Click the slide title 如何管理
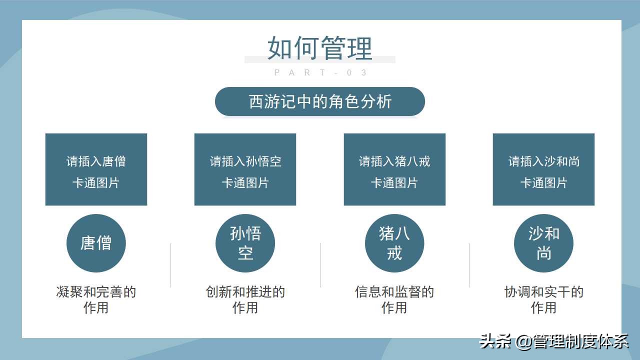(x=320, y=48)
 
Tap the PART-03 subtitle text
(x=320, y=73)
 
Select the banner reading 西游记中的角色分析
(x=320, y=101)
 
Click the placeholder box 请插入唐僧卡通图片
(x=96, y=169)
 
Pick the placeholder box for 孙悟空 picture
(x=245, y=169)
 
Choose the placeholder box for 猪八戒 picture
(x=394, y=169)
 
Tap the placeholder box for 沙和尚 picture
(x=543, y=169)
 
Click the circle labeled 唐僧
(x=96, y=243)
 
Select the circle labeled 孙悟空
(x=245, y=243)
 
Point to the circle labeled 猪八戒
(x=394, y=243)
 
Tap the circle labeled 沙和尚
(x=543, y=243)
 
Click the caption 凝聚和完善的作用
(x=96, y=299)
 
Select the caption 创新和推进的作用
(x=245, y=299)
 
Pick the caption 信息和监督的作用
(x=394, y=299)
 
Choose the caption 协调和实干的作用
(x=543, y=299)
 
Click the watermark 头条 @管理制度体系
(x=554, y=341)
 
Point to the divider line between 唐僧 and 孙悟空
(x=171, y=265)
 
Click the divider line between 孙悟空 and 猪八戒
(x=320, y=265)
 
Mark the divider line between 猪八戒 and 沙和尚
(x=469, y=265)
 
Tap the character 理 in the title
(x=360, y=48)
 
